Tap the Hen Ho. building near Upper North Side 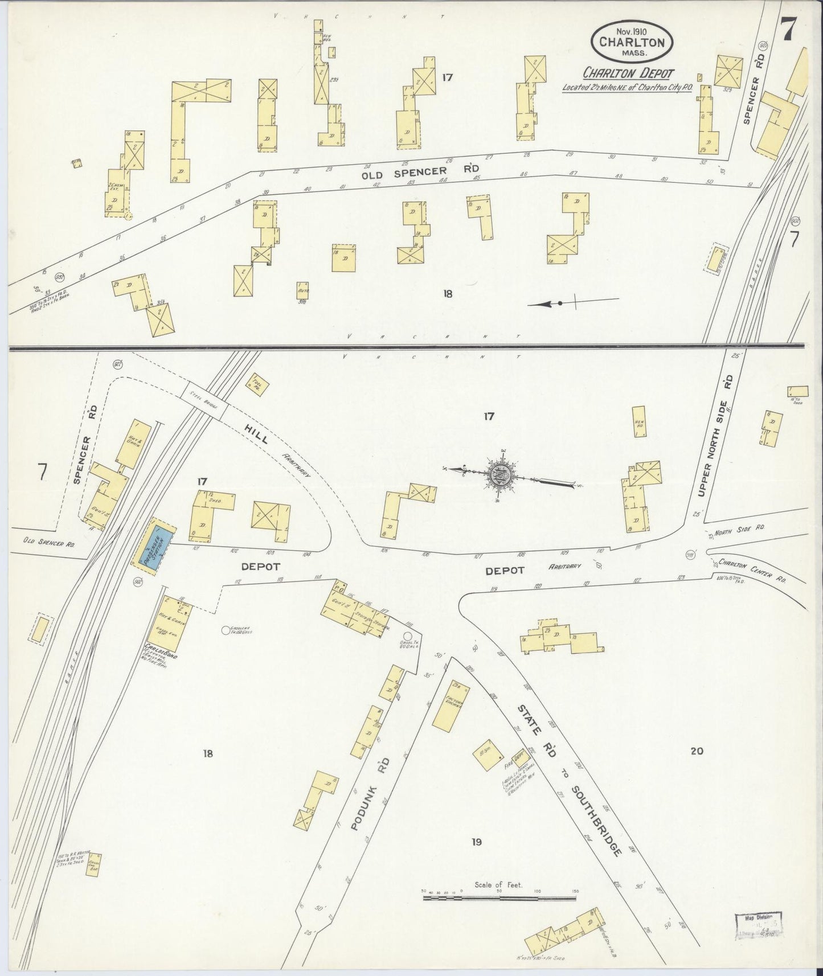640,422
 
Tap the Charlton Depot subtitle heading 628,73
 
